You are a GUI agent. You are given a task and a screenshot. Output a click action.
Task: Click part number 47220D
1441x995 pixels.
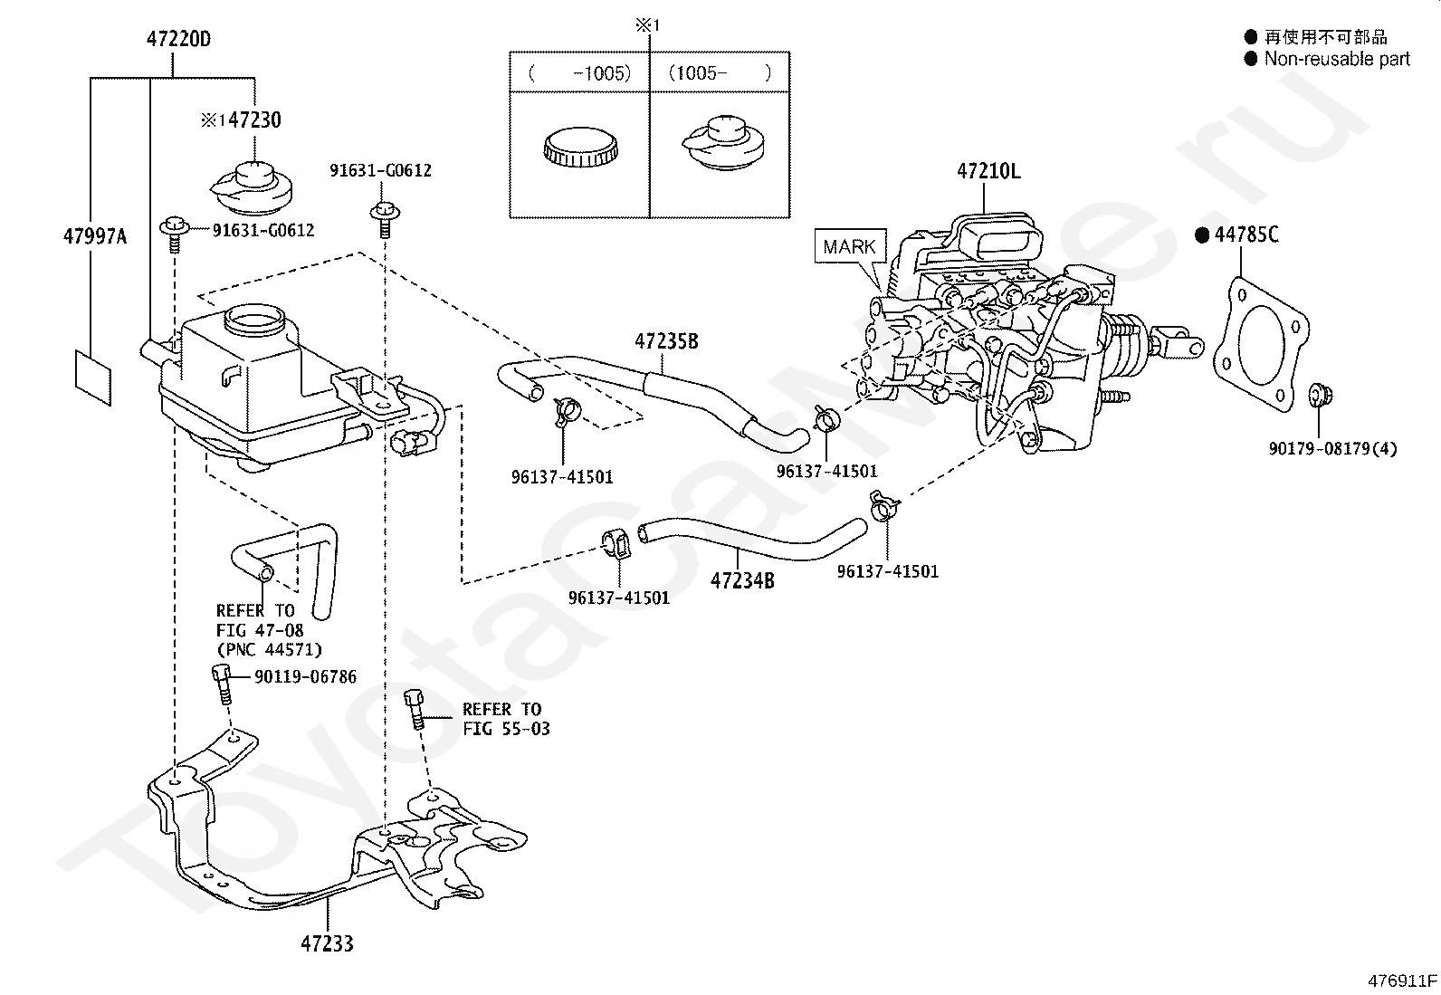tap(178, 39)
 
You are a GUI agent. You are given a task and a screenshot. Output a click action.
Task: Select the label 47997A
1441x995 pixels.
tap(94, 236)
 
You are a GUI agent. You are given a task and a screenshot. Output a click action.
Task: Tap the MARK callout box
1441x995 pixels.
tap(850, 246)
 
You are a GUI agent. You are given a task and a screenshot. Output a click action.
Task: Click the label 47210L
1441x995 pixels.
tap(988, 171)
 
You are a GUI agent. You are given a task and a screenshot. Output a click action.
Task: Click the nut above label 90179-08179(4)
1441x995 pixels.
tap(1321, 394)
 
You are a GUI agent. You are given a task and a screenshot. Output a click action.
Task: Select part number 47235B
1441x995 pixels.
tap(666, 340)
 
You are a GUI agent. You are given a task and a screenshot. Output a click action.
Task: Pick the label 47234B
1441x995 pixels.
tap(741, 580)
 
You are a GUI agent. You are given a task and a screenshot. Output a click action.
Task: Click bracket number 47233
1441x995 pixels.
tap(327, 943)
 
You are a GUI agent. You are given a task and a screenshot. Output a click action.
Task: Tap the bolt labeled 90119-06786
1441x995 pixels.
tap(221, 684)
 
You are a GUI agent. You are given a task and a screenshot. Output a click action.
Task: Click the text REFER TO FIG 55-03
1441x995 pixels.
tap(506, 719)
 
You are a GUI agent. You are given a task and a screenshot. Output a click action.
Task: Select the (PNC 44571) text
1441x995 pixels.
tap(269, 649)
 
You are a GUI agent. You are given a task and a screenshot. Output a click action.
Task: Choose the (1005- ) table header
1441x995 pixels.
tap(720, 72)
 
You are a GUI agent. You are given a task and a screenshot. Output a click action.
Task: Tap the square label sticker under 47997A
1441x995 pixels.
tap(93, 378)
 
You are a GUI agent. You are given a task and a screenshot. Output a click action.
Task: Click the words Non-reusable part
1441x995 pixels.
tap(1337, 59)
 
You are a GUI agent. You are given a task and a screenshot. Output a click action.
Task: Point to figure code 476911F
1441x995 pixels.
tap(1402, 981)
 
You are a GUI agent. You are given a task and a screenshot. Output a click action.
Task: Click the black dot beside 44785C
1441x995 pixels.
tap(1202, 235)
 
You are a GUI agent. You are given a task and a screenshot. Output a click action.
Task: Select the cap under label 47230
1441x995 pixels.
tap(252, 188)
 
